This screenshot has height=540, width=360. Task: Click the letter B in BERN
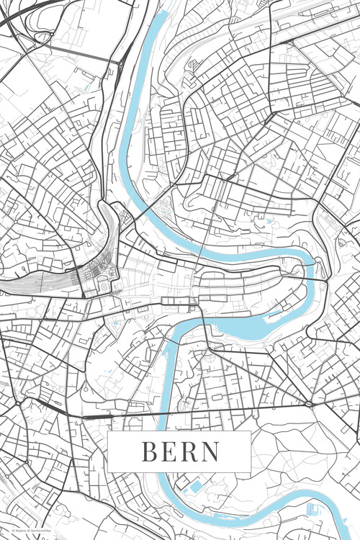(149, 452)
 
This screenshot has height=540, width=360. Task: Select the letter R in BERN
(189, 452)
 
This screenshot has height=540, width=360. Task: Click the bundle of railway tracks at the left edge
(14, 284)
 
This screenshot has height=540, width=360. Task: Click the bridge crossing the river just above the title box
(167, 415)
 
